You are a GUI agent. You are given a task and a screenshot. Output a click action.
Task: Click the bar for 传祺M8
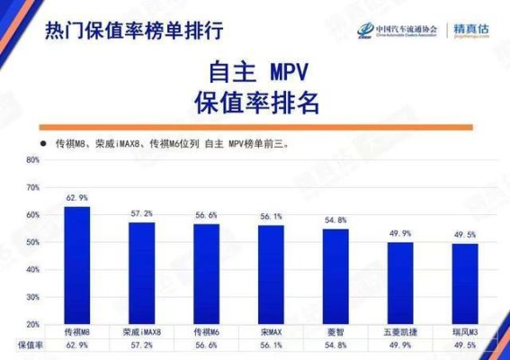(x=77, y=265)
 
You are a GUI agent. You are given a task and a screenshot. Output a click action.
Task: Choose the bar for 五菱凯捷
(x=400, y=283)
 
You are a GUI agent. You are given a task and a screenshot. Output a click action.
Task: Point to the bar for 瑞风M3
(x=465, y=283)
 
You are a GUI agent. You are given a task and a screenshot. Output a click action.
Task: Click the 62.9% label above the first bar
(x=77, y=197)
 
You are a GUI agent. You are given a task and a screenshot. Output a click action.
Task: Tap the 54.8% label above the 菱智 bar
(x=336, y=220)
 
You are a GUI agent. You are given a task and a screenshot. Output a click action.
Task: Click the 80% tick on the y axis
(x=33, y=160)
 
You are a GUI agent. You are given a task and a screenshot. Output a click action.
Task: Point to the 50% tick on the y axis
(x=33, y=242)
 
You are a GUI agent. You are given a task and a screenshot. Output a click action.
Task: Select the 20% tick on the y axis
(x=33, y=324)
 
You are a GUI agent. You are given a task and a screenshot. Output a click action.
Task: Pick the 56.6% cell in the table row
(x=206, y=345)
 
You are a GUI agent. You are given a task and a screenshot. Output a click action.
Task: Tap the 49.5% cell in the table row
(x=465, y=345)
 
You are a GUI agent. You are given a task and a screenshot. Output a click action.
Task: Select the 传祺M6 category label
(x=206, y=332)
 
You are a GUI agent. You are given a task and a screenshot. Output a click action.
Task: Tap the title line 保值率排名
(x=256, y=103)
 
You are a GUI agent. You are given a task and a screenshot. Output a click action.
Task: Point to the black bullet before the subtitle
(x=40, y=142)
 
